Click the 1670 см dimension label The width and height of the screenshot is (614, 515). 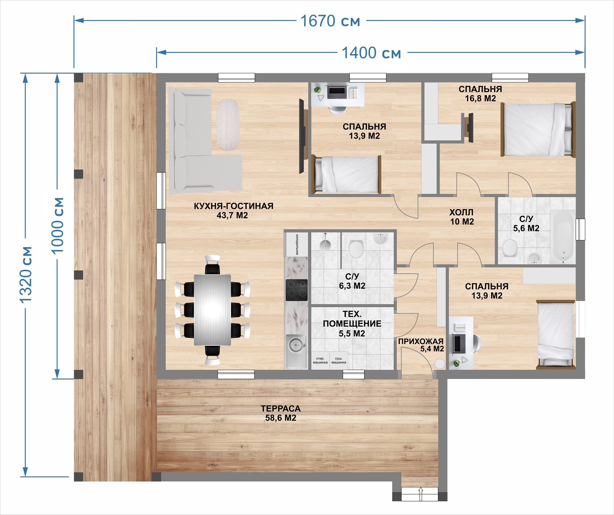[330, 21]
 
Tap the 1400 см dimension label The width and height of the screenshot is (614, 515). [371, 53]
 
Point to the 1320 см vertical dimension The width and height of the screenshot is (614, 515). [26, 274]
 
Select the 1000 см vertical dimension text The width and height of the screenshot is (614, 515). [58, 225]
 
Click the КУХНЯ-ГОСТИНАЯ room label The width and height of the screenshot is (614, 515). [233, 206]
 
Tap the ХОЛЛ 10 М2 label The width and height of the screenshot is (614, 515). [462, 217]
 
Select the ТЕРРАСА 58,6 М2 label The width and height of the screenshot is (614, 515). [281, 413]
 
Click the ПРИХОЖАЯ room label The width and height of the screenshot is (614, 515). [421, 341]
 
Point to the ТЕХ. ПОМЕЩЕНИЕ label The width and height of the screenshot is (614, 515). [352, 319]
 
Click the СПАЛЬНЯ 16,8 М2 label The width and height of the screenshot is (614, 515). [480, 94]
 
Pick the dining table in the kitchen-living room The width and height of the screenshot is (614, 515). [213, 310]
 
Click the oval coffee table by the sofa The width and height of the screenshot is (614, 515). [228, 124]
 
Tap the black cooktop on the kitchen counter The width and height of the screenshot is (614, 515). [297, 290]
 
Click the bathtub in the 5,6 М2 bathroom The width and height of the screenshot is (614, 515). [563, 237]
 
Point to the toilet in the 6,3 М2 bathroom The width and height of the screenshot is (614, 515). [356, 248]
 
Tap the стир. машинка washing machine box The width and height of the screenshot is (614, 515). [320, 360]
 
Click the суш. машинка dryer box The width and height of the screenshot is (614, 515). [338, 360]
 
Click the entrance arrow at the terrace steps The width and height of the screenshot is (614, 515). [420, 494]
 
